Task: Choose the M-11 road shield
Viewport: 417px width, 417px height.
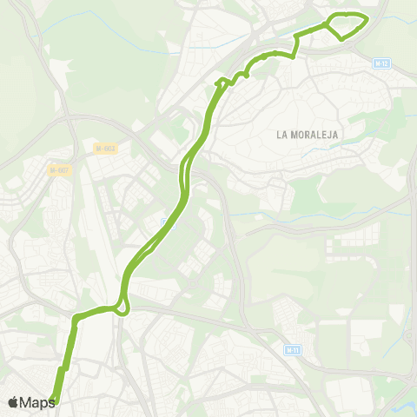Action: pos(292,349)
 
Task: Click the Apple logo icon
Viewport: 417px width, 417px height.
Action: pos(13,402)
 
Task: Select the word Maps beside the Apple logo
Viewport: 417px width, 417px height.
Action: pos(38,402)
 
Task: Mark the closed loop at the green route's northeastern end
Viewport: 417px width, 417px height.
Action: pos(347,25)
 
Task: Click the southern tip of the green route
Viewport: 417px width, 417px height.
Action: pos(54,400)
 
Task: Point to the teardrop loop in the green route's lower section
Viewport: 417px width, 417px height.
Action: pos(122,305)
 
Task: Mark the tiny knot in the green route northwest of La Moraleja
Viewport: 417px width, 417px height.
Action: pos(222,83)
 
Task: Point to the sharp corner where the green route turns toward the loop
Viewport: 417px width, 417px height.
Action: pos(296,37)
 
